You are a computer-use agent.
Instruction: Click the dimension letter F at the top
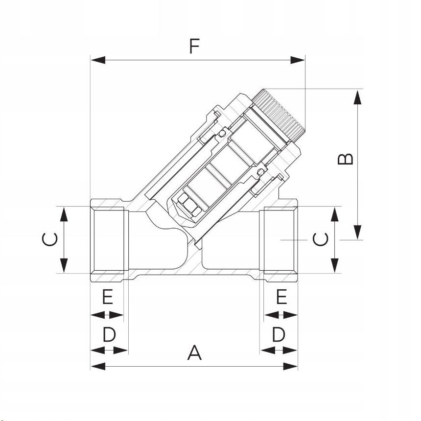[x=195, y=46]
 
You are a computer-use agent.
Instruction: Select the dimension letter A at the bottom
[x=194, y=352]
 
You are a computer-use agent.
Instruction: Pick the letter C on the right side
[x=321, y=239]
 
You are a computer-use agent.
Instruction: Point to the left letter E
[x=107, y=297]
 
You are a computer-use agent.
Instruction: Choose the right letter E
[x=281, y=297]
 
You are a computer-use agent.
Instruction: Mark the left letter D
[x=109, y=335]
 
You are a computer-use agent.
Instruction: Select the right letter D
[x=279, y=335]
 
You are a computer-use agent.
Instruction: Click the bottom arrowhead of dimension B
[x=358, y=232]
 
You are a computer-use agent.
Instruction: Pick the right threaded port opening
[x=281, y=239]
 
